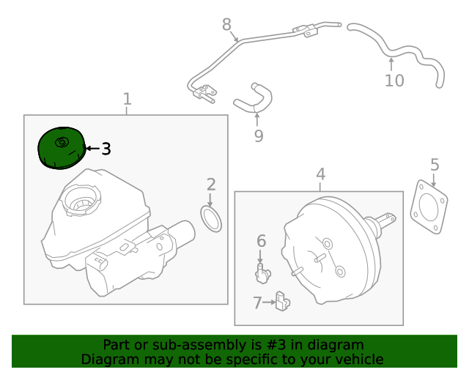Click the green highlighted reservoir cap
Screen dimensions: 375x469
click(61, 147)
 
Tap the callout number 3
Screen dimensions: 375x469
click(106, 149)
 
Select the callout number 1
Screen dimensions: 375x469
click(127, 99)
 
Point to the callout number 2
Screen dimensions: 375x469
click(210, 185)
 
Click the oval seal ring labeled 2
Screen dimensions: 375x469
click(211, 218)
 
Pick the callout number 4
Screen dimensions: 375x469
click(320, 174)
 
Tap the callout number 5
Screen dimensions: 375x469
click(435, 165)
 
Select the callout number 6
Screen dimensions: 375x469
click(261, 240)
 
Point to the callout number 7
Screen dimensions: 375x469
click(256, 302)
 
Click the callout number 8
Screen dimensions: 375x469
click(226, 25)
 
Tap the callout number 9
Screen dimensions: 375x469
click(258, 135)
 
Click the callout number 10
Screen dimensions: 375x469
click(394, 80)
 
